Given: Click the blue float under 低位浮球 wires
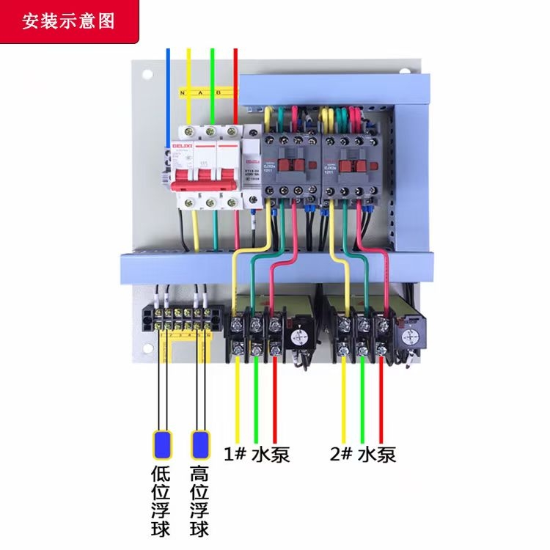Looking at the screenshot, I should (161, 444).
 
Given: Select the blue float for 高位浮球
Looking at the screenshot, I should (199, 444).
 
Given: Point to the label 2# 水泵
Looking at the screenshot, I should (363, 455).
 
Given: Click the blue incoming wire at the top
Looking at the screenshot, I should (168, 73).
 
